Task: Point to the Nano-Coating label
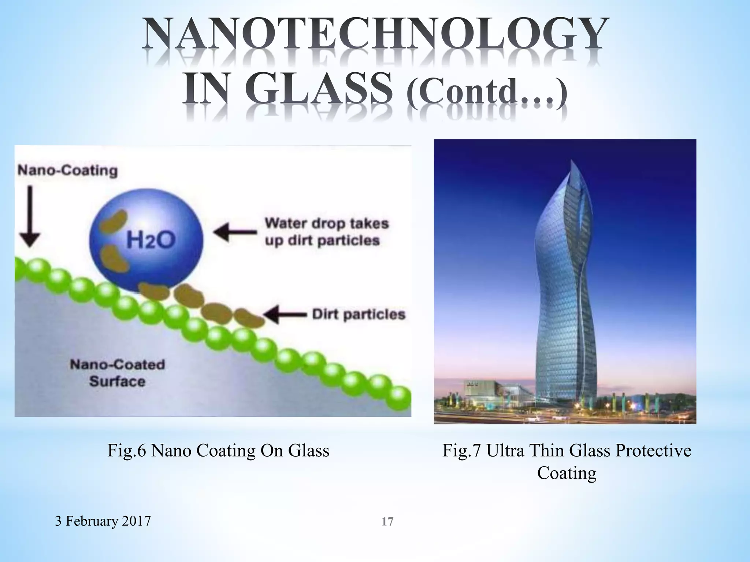pos(68,171)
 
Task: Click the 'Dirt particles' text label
pos(359,314)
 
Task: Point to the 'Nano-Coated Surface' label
pos(118,373)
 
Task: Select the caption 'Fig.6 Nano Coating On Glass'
pos(218,450)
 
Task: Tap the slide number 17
pos(387,521)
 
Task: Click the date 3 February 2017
pos(103,521)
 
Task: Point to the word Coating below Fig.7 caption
pos(567,473)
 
